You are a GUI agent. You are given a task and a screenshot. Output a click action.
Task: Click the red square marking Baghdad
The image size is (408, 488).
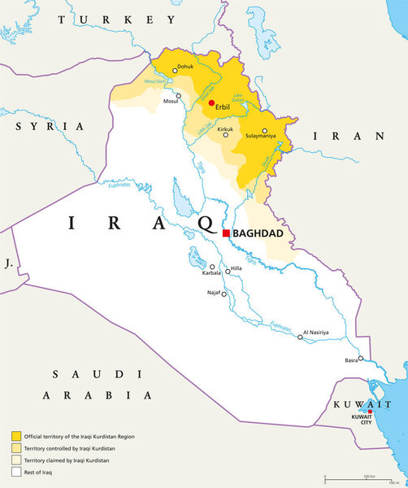click(225, 233)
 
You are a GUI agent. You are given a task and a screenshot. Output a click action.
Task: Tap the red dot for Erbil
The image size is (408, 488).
click(211, 103)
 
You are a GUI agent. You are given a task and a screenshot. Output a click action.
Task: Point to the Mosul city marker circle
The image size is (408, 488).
click(178, 95)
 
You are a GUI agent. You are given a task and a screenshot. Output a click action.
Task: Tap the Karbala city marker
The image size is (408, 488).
click(213, 266)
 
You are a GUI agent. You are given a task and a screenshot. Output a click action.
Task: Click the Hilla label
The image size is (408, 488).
click(236, 268)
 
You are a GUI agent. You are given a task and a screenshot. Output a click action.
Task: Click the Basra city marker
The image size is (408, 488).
click(360, 359)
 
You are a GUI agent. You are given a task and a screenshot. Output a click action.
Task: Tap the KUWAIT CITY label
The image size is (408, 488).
click(361, 420)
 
